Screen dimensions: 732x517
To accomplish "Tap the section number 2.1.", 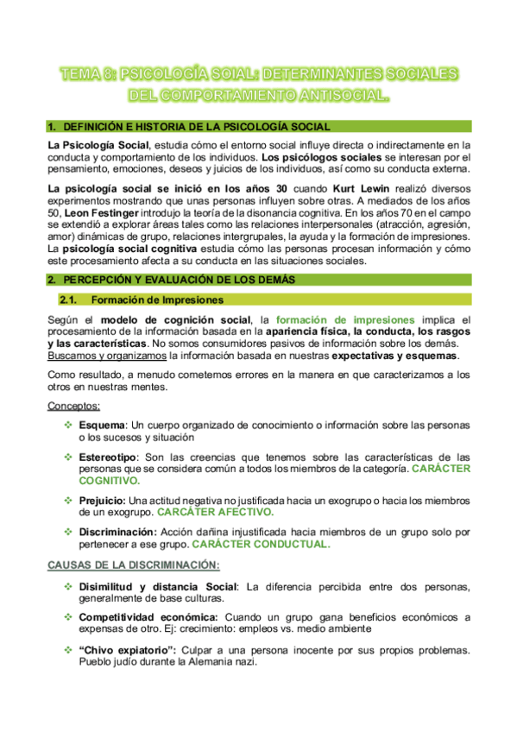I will (71, 300).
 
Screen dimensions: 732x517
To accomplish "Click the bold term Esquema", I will (101, 426).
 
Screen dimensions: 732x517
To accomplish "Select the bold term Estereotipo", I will (108, 456).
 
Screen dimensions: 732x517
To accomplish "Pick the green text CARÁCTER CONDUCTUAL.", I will (261, 544).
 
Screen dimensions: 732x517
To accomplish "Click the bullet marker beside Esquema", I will (68, 426).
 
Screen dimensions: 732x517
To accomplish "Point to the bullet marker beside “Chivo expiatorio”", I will (68, 648).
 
